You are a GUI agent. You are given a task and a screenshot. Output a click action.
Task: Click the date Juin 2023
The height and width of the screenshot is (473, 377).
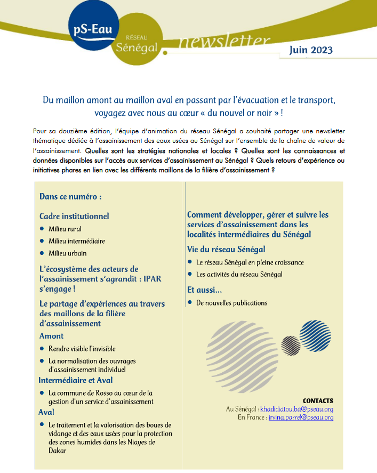311,50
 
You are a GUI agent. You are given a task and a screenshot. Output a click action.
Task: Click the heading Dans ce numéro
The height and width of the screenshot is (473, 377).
70,197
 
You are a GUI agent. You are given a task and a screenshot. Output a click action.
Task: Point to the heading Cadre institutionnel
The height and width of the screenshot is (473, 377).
74,216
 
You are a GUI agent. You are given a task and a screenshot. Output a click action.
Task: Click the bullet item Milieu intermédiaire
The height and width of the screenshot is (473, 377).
77,241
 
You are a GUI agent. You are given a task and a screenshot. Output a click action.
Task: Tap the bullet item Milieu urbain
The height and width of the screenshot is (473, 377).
68,253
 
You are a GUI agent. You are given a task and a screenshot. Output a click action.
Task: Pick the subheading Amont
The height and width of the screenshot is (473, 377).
51,336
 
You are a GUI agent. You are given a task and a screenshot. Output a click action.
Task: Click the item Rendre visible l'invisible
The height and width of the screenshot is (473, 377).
82,349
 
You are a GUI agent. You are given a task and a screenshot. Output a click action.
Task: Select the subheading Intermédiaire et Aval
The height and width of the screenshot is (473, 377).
75,380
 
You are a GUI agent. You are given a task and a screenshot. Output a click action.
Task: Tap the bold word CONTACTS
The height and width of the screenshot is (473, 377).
318,400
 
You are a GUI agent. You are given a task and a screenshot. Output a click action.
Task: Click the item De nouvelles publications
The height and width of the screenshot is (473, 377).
231,303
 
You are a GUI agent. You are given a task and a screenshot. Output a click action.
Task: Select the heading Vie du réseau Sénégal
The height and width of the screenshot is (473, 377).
226,249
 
